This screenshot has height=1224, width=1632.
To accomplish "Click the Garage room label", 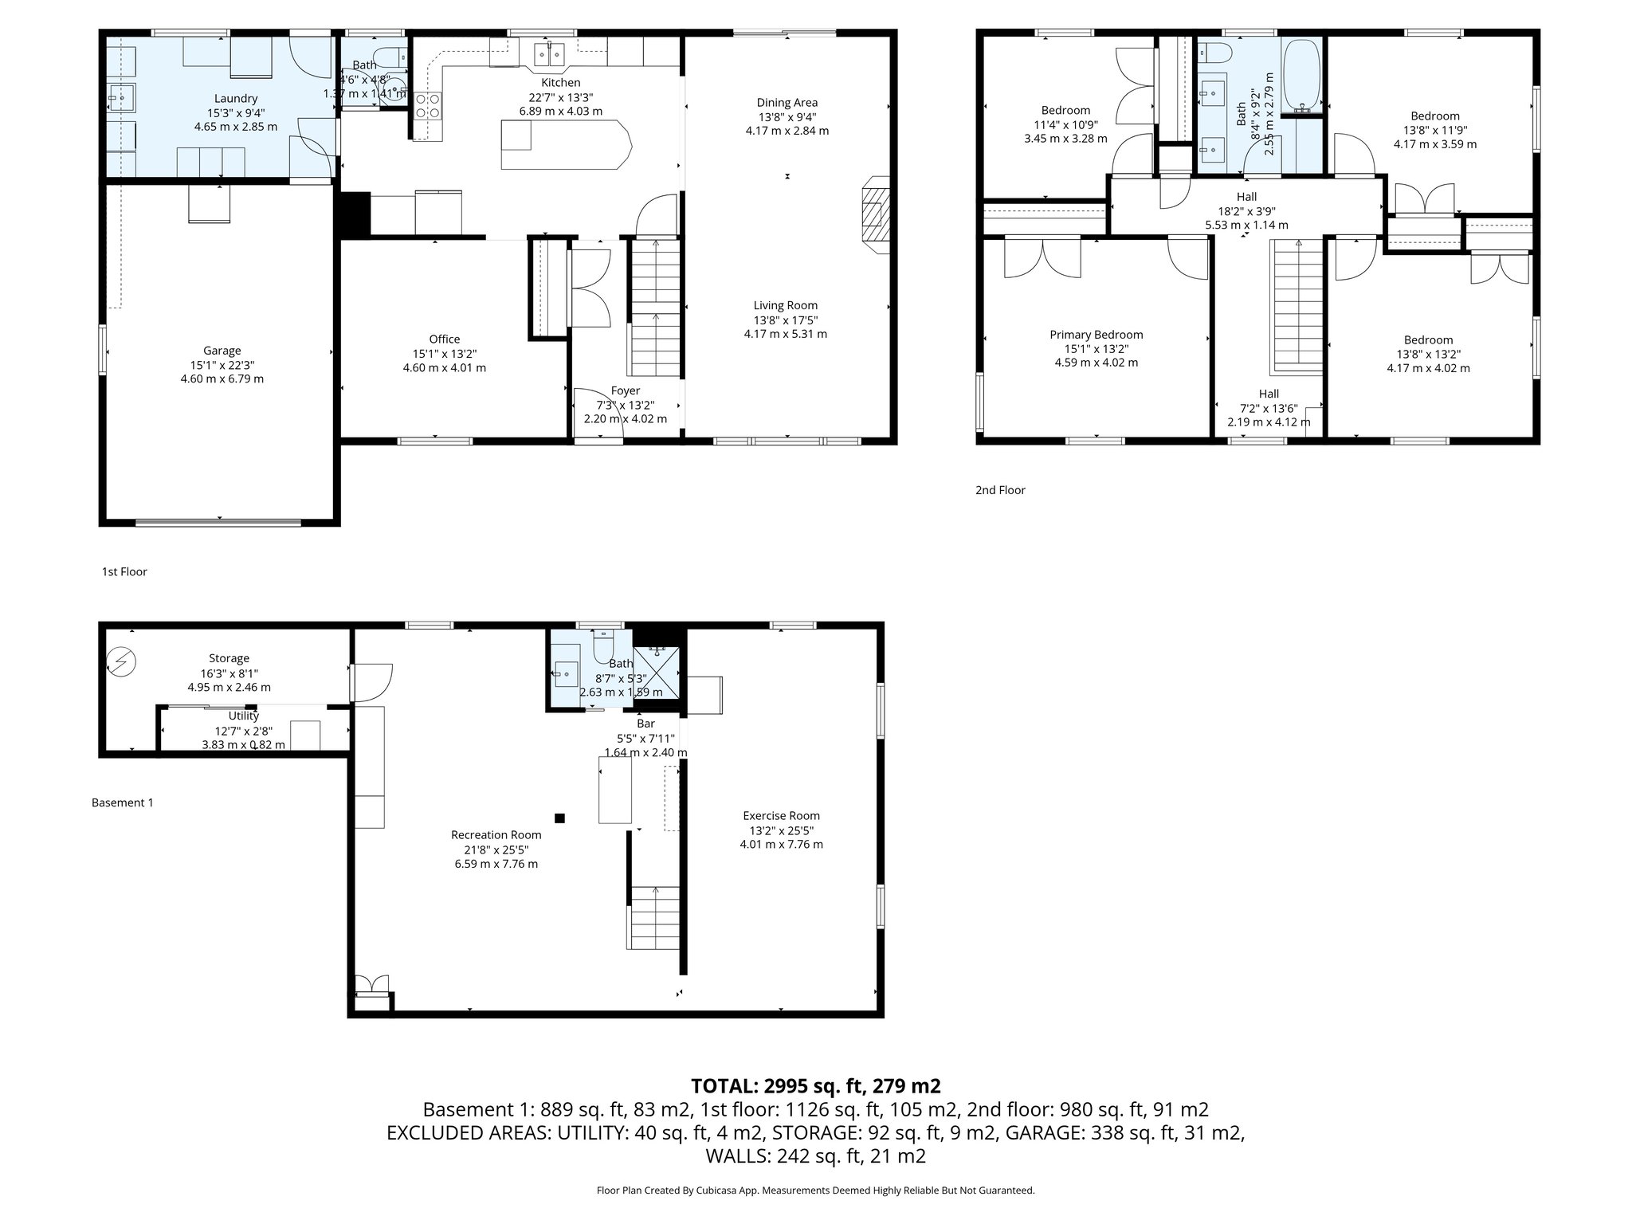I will point(222,351).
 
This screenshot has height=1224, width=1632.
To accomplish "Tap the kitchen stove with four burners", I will point(428,105).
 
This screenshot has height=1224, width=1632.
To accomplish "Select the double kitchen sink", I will point(548,55).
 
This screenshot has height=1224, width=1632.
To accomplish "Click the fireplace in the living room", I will point(875,215).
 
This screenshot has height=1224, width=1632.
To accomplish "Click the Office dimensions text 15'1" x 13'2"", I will point(444,354).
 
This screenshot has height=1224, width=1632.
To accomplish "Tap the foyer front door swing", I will point(596,411).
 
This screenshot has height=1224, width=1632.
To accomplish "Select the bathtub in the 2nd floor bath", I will point(1301,76).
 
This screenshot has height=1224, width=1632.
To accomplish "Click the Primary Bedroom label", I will point(1096,335).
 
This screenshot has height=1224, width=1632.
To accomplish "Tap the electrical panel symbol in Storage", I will point(122,661).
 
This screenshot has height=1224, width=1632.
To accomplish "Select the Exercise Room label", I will point(781,815).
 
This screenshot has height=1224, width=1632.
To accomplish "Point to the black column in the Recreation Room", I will point(559,818).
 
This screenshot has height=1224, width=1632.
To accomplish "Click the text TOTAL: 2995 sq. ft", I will point(815,1085).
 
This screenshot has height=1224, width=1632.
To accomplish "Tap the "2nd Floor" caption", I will point(1000,490).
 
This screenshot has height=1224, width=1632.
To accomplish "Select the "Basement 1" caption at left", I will point(122,802).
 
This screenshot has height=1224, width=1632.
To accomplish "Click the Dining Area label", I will point(787,102).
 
